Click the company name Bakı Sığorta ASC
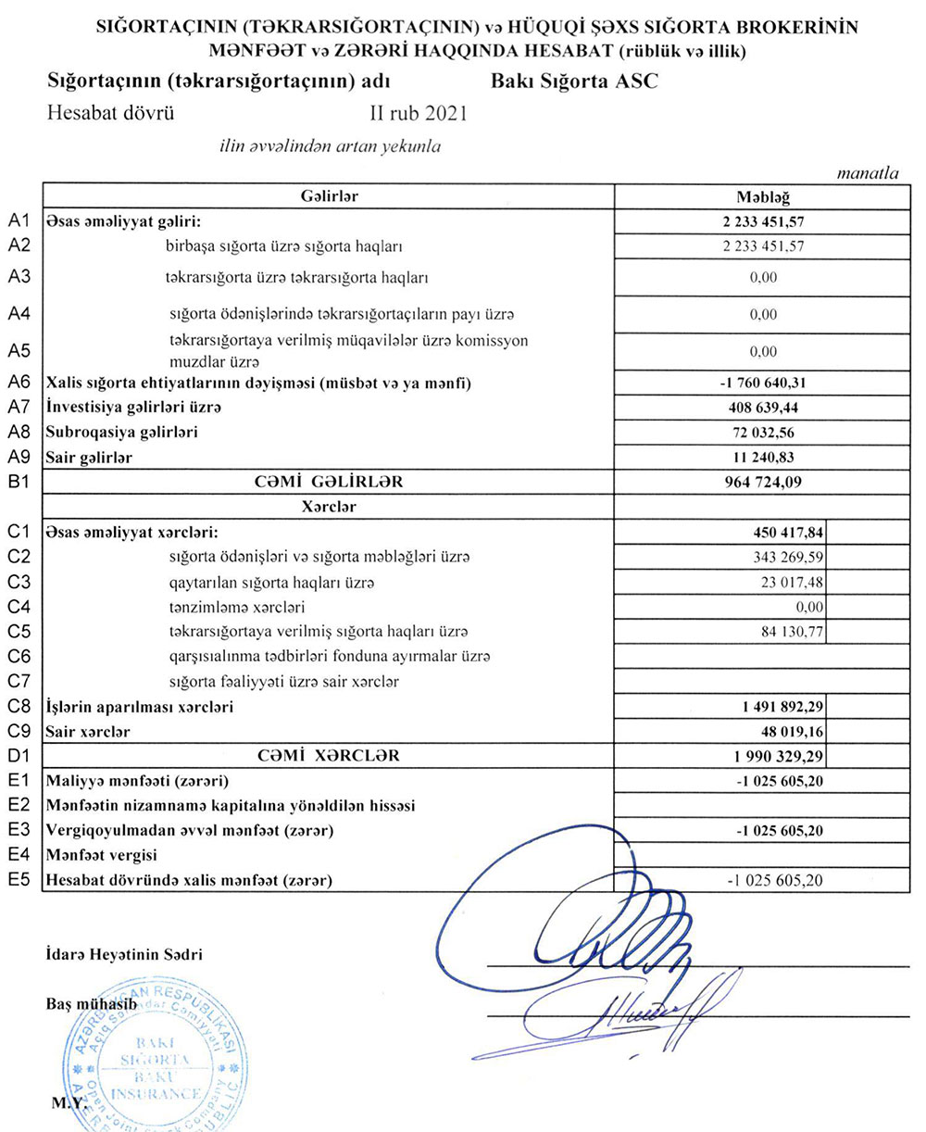574,81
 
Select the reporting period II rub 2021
418,114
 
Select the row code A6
20,382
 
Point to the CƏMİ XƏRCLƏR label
330,756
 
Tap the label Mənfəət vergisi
102,855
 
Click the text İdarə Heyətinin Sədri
123,954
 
